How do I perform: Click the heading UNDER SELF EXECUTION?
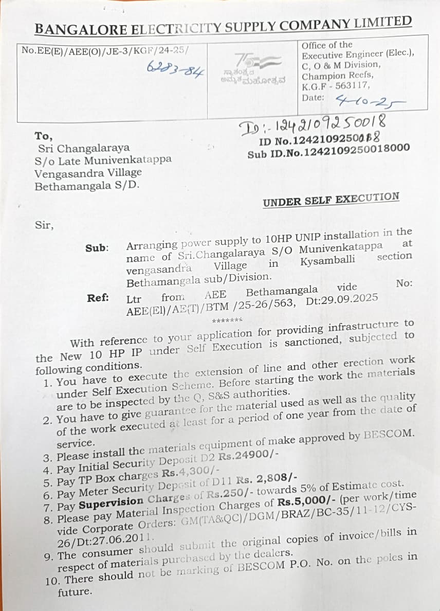coord(331,200)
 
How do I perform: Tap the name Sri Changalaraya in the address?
coord(84,149)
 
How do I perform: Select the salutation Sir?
coord(44,224)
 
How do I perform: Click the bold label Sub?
coord(97,248)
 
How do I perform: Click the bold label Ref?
coord(97,297)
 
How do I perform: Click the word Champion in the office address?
coord(321,76)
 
